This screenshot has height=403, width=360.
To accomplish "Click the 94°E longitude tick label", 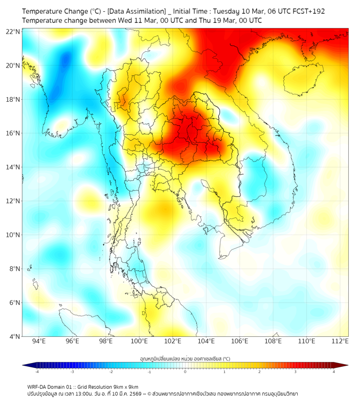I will click(39, 341).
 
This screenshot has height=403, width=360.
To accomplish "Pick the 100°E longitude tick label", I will click(139, 341).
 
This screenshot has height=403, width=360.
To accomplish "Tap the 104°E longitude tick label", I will click(206, 341).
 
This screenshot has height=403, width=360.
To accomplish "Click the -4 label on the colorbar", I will click(37, 372).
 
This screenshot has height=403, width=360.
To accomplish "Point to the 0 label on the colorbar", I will click(185, 372).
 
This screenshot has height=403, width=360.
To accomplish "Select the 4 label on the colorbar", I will click(334, 372).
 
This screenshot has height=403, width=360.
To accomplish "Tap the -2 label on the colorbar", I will click(111, 372).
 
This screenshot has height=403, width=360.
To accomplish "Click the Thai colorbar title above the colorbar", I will click(185, 358).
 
